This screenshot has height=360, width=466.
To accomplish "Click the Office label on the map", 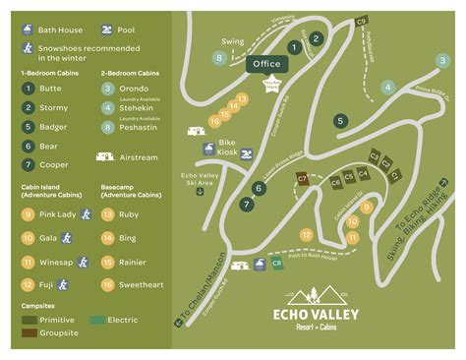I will (264, 64).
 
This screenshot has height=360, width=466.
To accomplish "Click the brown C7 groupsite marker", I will (302, 180).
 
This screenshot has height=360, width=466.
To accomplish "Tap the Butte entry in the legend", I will (49, 88).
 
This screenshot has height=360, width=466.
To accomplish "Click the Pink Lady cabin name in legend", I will (58, 213).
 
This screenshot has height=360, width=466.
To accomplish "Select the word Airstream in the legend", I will (139, 156).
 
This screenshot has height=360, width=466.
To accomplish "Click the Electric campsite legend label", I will (121, 320).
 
